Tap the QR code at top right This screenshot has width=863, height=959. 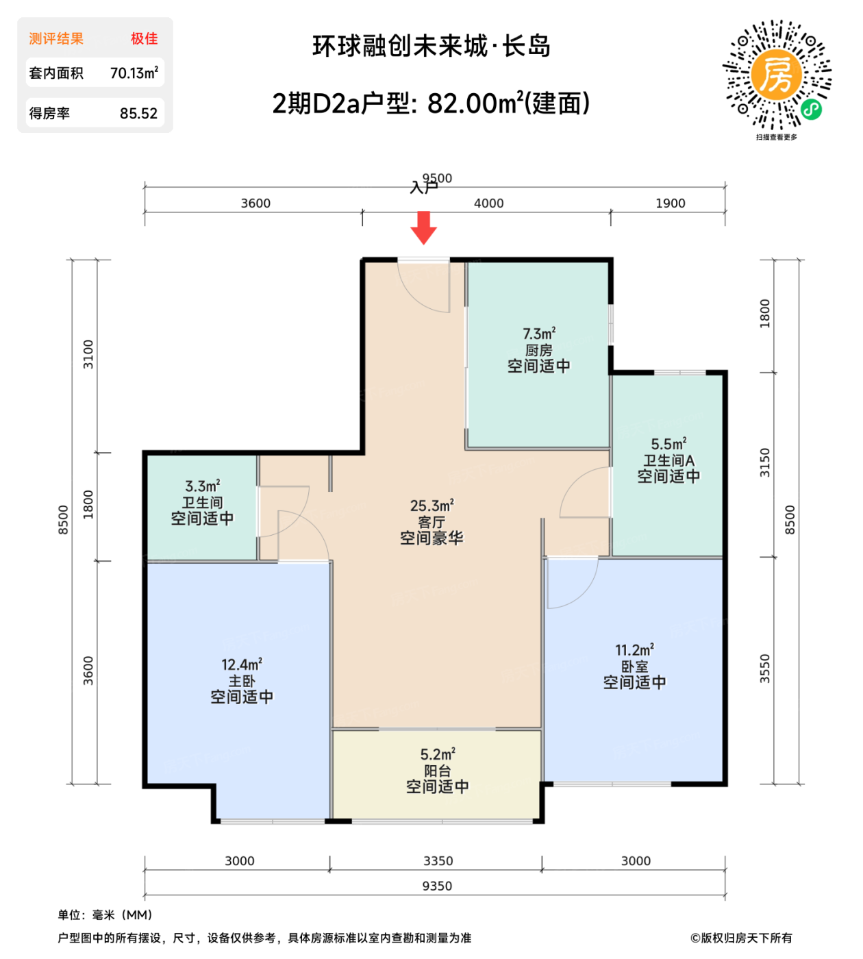[x=777, y=75]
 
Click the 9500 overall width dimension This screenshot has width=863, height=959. [x=438, y=178]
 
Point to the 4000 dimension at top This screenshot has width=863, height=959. [x=488, y=203]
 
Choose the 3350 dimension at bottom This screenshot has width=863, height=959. [x=438, y=861]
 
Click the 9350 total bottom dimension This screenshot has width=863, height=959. [x=437, y=886]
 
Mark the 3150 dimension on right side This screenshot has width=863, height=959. [x=765, y=463]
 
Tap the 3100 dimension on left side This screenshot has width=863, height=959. [x=88, y=354]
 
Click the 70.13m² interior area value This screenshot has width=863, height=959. [x=134, y=73]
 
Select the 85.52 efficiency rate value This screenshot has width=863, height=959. [x=138, y=114]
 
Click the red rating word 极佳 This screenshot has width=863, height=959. [x=145, y=38]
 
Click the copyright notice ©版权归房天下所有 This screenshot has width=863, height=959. [x=741, y=938]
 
